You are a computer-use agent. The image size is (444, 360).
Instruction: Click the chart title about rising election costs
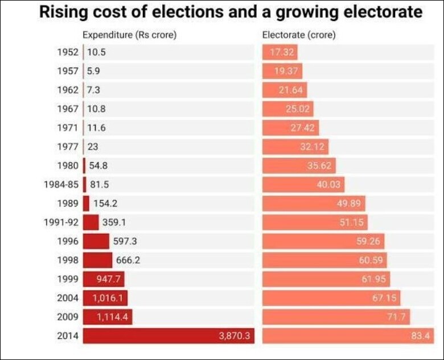[231, 13]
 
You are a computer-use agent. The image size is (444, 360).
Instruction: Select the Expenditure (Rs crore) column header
[129, 35]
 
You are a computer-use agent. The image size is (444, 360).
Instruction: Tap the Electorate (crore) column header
[298, 35]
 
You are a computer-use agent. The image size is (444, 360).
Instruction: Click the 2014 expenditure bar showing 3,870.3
[168, 336]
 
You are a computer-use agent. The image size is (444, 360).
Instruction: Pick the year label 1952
[68, 52]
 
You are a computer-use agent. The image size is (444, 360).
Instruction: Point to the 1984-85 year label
[61, 184]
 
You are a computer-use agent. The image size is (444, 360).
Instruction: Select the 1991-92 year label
[61, 222]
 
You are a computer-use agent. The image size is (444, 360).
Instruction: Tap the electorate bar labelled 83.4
[348, 336]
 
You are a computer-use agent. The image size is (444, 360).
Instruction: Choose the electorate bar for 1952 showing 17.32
[279, 52]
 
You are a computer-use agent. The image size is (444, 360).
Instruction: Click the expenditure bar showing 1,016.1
[105, 298]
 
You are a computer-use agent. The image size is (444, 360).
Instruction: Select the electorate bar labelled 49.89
[314, 204]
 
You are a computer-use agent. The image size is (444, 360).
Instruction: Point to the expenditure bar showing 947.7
[103, 279]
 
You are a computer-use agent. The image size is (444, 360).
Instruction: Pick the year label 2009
[68, 317]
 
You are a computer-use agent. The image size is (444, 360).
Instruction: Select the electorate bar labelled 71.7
[336, 317]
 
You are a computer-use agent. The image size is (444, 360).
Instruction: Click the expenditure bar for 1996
[96, 241]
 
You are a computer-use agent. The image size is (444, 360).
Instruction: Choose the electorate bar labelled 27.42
[290, 128]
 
